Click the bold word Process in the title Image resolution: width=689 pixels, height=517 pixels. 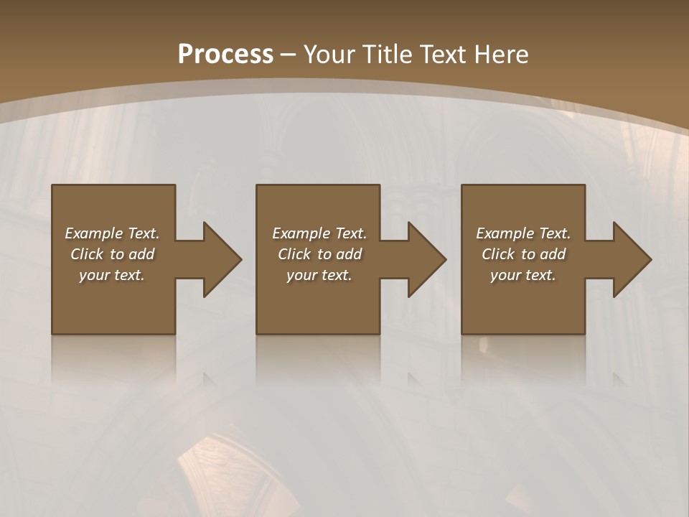(x=225, y=55)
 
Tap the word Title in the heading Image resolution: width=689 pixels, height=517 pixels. (x=389, y=55)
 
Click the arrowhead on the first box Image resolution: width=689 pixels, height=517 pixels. (x=221, y=259)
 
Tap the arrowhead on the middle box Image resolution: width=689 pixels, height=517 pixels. (x=426, y=259)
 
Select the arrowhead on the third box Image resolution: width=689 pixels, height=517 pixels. (x=632, y=259)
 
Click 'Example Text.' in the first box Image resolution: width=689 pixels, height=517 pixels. (x=112, y=233)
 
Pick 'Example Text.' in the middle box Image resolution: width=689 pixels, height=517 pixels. (x=319, y=233)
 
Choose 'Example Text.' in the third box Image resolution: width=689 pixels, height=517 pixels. (x=523, y=233)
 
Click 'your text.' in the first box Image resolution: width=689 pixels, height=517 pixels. (x=112, y=275)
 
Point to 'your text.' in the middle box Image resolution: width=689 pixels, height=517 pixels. (x=319, y=275)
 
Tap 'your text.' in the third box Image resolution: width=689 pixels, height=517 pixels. (x=523, y=275)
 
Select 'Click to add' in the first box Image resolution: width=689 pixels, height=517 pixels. (x=112, y=254)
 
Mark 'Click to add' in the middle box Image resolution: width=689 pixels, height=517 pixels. (x=319, y=254)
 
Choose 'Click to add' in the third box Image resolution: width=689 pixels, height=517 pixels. (x=523, y=254)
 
